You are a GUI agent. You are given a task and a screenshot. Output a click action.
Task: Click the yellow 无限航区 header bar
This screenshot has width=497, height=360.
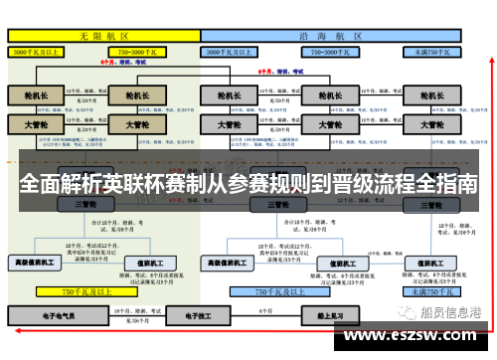103,35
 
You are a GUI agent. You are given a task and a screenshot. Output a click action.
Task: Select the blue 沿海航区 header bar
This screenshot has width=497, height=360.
331,35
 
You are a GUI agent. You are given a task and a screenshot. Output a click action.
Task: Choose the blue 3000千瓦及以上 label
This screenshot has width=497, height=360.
236,50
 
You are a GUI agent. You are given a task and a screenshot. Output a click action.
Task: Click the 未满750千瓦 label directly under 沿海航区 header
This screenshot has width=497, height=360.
431,50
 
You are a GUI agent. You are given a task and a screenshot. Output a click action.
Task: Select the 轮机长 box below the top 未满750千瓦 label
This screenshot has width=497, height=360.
430,96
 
